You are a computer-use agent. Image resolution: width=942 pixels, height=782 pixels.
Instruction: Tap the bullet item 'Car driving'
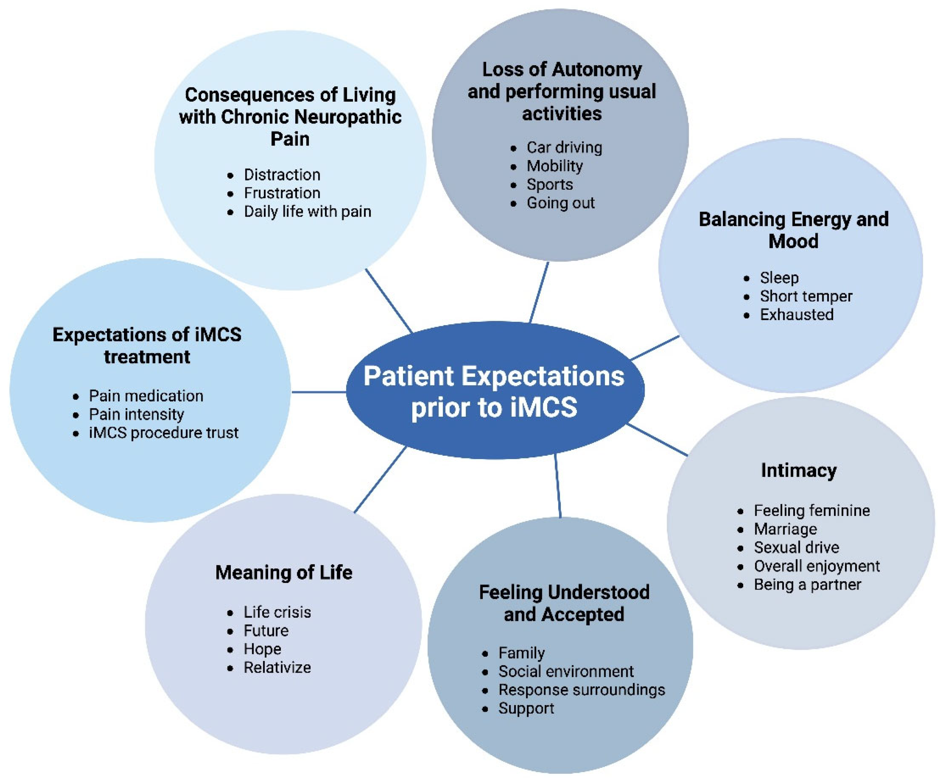[x=564, y=148]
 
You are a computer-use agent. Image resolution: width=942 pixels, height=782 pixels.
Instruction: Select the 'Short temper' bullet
[x=806, y=296]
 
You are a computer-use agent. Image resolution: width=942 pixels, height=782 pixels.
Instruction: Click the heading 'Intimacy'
[x=798, y=471]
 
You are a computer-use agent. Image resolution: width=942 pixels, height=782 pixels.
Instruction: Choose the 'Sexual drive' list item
[x=796, y=547]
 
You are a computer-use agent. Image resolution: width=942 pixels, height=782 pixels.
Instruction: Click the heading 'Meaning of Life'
[x=284, y=573]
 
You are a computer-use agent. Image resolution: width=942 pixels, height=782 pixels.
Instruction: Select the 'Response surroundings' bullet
[x=581, y=690]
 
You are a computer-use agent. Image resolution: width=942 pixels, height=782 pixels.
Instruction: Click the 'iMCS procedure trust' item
[x=163, y=433]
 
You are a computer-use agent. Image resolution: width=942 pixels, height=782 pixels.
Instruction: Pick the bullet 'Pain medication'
[x=146, y=396]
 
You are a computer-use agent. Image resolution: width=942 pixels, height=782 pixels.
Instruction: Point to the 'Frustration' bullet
[x=282, y=193]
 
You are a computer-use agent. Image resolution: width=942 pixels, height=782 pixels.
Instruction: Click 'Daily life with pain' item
[x=307, y=212]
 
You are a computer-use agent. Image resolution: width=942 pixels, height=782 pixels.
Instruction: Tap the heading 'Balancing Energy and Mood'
[x=793, y=230]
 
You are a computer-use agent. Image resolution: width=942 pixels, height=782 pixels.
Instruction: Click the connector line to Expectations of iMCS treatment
[x=318, y=392]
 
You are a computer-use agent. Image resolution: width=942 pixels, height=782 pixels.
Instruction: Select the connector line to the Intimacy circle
[x=658, y=439]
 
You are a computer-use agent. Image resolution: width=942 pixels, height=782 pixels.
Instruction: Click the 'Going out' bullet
[x=560, y=203]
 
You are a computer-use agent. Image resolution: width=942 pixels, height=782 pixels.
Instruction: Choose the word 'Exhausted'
[x=796, y=315]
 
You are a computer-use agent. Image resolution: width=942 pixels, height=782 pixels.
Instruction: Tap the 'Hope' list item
[x=262, y=649]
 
